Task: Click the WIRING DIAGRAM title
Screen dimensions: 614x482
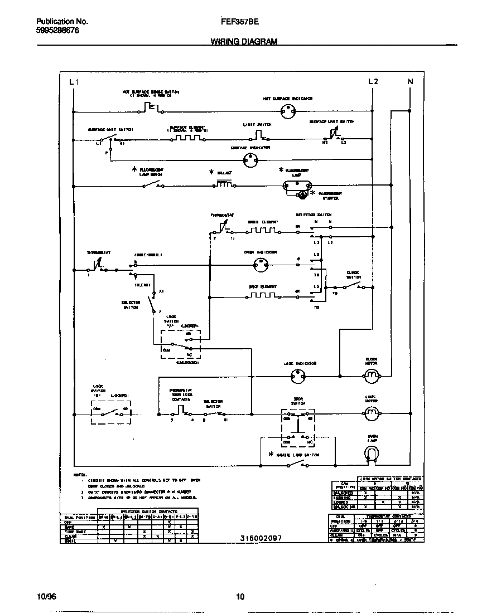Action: click(243, 42)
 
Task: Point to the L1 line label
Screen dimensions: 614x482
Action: click(74, 82)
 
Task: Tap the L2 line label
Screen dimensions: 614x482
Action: click(373, 82)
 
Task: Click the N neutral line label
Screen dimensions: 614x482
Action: click(411, 82)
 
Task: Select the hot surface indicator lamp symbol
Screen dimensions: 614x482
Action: click(287, 111)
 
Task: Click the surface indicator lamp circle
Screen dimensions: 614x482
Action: click(250, 160)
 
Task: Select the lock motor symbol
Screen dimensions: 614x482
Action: click(372, 412)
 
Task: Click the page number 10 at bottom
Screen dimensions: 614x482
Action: click(240, 597)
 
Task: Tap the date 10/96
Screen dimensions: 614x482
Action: click(47, 597)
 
